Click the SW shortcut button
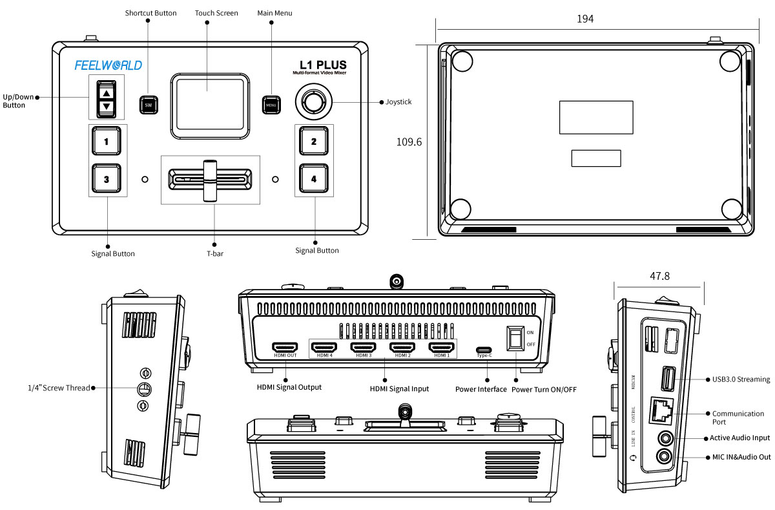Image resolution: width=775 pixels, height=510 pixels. point(149,104)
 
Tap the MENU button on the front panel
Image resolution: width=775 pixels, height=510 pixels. point(271,105)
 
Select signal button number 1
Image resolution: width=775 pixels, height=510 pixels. point(106,140)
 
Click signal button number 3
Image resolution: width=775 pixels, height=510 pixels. point(106,179)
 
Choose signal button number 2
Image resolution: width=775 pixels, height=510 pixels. point(314,141)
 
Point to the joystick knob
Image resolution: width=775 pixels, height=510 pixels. point(314,102)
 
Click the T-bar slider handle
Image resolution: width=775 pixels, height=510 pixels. point(210,180)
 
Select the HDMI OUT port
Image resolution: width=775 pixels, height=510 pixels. point(284,348)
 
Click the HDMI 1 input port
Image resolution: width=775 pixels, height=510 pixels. point(442,348)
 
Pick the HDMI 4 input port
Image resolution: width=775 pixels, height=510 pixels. point(324,348)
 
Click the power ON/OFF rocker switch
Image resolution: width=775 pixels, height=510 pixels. point(515,337)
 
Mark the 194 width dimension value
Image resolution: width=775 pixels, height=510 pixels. point(585,19)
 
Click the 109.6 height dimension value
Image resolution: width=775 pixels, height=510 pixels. point(409,142)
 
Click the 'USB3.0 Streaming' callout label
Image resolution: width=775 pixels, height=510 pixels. point(741,379)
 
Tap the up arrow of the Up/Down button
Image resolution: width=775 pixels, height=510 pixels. point(107,93)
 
